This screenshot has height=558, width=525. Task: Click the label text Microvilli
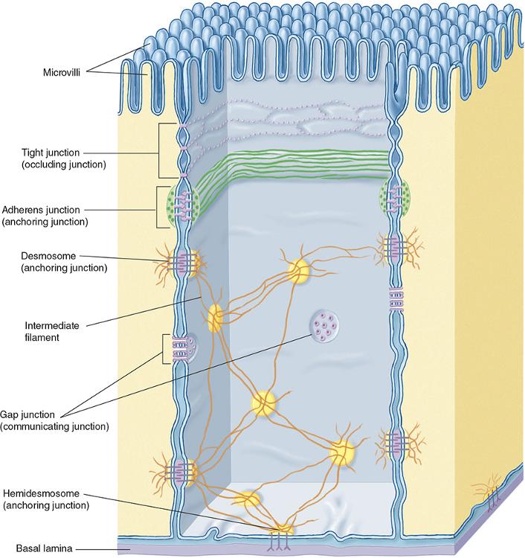pos(62,73)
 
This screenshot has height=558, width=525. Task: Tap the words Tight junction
pos(51,153)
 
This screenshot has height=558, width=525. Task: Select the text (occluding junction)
pos(64,164)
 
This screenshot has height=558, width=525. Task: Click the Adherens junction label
pos(41,210)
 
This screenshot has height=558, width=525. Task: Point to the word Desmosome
pos(48,256)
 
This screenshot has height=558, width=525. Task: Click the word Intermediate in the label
pos(52,325)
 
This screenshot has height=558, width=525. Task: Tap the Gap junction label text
pos(28,414)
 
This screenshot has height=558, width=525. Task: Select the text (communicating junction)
pos(54,426)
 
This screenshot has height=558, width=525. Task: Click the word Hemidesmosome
pos(41,493)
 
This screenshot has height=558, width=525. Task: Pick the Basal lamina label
pos(44,548)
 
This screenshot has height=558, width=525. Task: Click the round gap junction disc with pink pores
pos(323,324)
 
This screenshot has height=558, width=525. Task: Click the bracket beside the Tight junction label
pos(159,151)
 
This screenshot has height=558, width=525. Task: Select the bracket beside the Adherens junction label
pos(156,208)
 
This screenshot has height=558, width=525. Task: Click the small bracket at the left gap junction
pos(164,349)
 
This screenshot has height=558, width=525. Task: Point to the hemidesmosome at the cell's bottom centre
pos(283,536)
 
